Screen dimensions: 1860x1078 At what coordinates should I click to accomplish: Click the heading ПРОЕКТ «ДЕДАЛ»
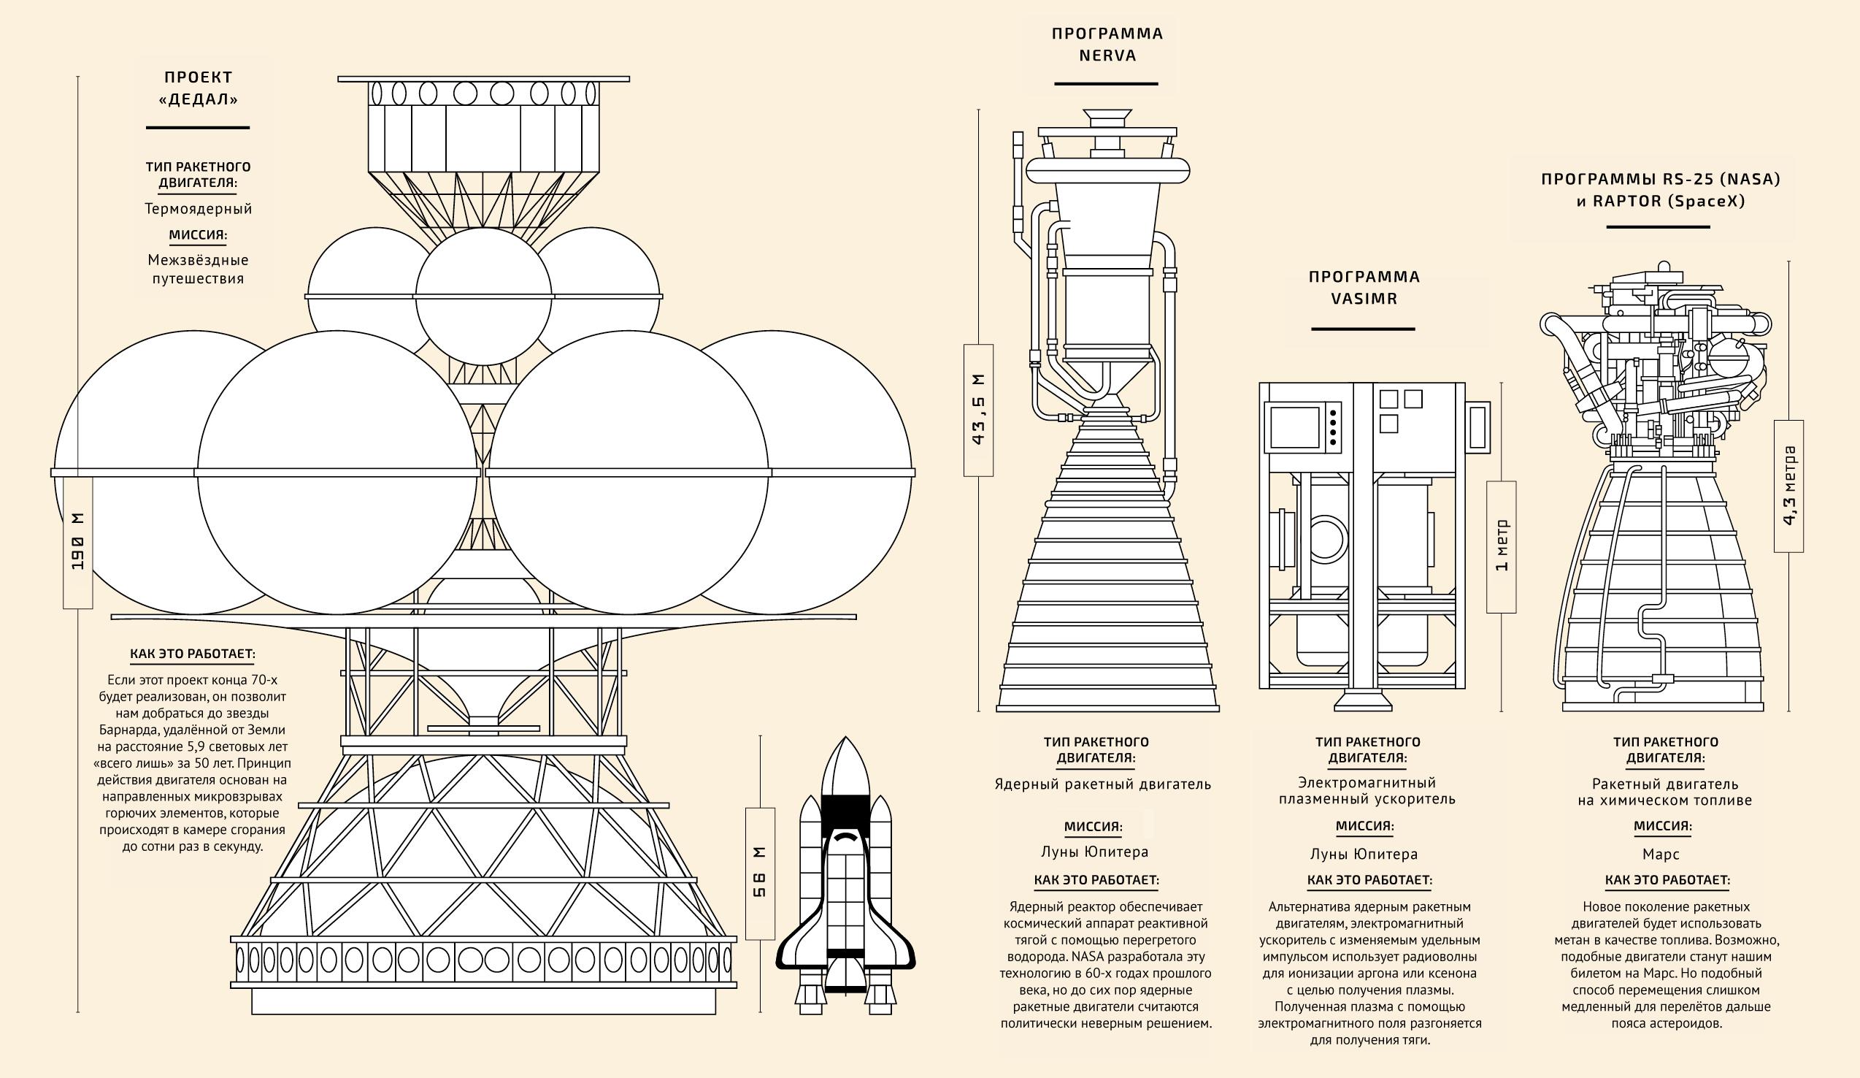click(198, 88)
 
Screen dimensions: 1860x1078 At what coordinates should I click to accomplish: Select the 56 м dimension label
click(759, 873)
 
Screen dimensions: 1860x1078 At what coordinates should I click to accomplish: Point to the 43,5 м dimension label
click(978, 410)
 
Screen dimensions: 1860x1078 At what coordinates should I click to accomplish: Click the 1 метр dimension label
click(1502, 547)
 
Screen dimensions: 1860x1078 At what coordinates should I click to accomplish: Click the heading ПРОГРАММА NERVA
click(1107, 45)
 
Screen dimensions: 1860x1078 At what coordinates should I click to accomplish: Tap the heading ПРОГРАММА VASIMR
click(1364, 287)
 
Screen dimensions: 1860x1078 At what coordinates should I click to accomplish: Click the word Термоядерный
click(198, 209)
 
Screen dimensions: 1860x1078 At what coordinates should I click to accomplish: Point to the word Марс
click(1661, 855)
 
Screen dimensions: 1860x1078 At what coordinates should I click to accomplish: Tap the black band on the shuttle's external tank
click(846, 806)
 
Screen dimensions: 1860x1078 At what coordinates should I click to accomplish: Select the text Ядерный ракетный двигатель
click(1103, 784)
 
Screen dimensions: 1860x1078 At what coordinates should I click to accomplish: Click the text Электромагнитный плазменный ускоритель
click(1367, 790)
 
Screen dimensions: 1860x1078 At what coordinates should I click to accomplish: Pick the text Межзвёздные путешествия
click(198, 269)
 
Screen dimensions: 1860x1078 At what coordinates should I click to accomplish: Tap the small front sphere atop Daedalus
click(483, 296)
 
